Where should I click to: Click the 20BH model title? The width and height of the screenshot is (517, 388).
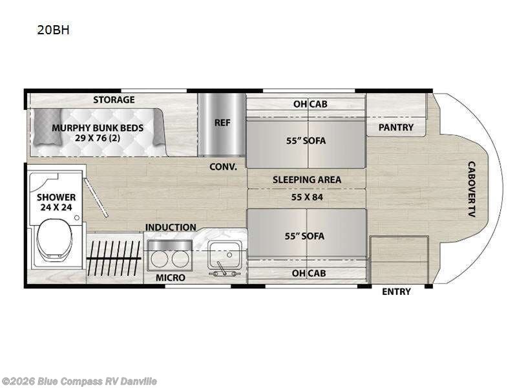53,30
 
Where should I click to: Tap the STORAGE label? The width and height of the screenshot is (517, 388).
114,100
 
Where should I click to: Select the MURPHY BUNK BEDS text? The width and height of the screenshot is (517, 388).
98,128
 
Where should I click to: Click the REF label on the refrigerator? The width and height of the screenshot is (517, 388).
222,123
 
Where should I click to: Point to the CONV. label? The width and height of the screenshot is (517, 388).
223,167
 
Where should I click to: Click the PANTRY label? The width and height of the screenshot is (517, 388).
396,127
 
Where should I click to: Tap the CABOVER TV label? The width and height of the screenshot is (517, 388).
472,189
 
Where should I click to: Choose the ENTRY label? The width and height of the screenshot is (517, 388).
396,292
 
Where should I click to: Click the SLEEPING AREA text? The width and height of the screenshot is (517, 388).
306,180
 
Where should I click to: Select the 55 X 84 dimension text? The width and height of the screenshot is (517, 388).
307,197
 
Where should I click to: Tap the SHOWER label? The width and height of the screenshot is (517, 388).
56,197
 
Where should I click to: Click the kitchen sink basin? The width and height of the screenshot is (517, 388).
225,253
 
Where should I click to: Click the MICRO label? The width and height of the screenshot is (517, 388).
171,278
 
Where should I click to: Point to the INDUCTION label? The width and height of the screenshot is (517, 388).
171,228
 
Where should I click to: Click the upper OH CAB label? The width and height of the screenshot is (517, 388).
310,104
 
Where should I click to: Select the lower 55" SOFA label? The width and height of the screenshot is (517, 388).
304,236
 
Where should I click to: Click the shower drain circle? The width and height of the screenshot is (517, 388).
77,218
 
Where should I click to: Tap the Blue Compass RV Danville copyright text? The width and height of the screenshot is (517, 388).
78,382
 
